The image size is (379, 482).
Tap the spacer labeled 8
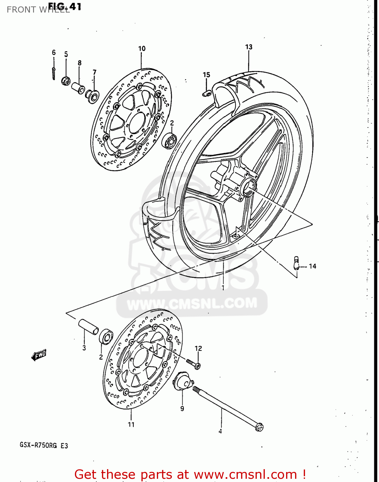click(78, 87)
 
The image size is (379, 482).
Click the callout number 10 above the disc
click(142, 49)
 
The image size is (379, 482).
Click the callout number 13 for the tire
click(249, 47)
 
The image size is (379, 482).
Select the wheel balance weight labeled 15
click(206, 93)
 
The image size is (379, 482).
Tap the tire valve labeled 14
click(296, 263)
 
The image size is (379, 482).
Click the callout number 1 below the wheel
click(223, 288)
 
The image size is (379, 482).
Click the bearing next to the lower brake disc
click(106, 336)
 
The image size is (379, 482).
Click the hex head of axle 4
click(259, 427)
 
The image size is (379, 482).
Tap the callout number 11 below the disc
click(131, 424)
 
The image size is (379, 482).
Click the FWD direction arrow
click(39, 355)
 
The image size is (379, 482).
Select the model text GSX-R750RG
click(38, 445)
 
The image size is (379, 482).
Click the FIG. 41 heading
click(65, 6)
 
